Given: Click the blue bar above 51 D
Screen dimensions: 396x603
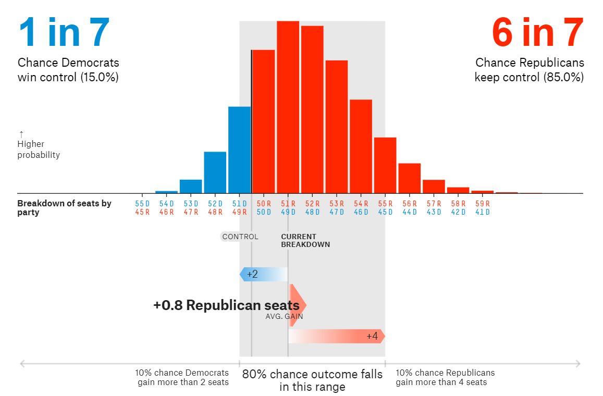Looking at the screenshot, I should (239, 150).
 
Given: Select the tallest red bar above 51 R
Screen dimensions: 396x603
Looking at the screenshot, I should (288, 107).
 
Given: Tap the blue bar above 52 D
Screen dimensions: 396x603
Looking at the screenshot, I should (215, 172).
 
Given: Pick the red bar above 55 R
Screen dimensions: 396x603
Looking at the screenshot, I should (385, 165).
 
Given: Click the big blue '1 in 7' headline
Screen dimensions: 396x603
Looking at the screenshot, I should (64, 32).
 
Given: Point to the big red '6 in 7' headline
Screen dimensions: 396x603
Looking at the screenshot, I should (538, 32).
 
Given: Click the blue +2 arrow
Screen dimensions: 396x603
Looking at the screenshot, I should (263, 274).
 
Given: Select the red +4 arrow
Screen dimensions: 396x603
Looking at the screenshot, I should (337, 336).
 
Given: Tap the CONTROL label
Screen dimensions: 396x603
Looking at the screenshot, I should (240, 237).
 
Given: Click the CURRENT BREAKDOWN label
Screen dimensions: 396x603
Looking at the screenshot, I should (305, 240).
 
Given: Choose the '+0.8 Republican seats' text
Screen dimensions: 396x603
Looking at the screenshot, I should (226, 305).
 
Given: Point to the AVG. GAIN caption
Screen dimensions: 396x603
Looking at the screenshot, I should (284, 316).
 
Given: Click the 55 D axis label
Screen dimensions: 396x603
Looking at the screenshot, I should (142, 204).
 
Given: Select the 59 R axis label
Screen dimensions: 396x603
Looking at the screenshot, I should (483, 204).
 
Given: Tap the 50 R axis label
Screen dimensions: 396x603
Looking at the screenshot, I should (264, 204).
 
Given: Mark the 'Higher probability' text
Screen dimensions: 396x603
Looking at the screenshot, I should (38, 149).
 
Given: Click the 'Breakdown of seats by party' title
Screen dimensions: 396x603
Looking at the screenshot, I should (64, 207).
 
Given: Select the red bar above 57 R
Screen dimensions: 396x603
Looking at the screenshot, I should (434, 187).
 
